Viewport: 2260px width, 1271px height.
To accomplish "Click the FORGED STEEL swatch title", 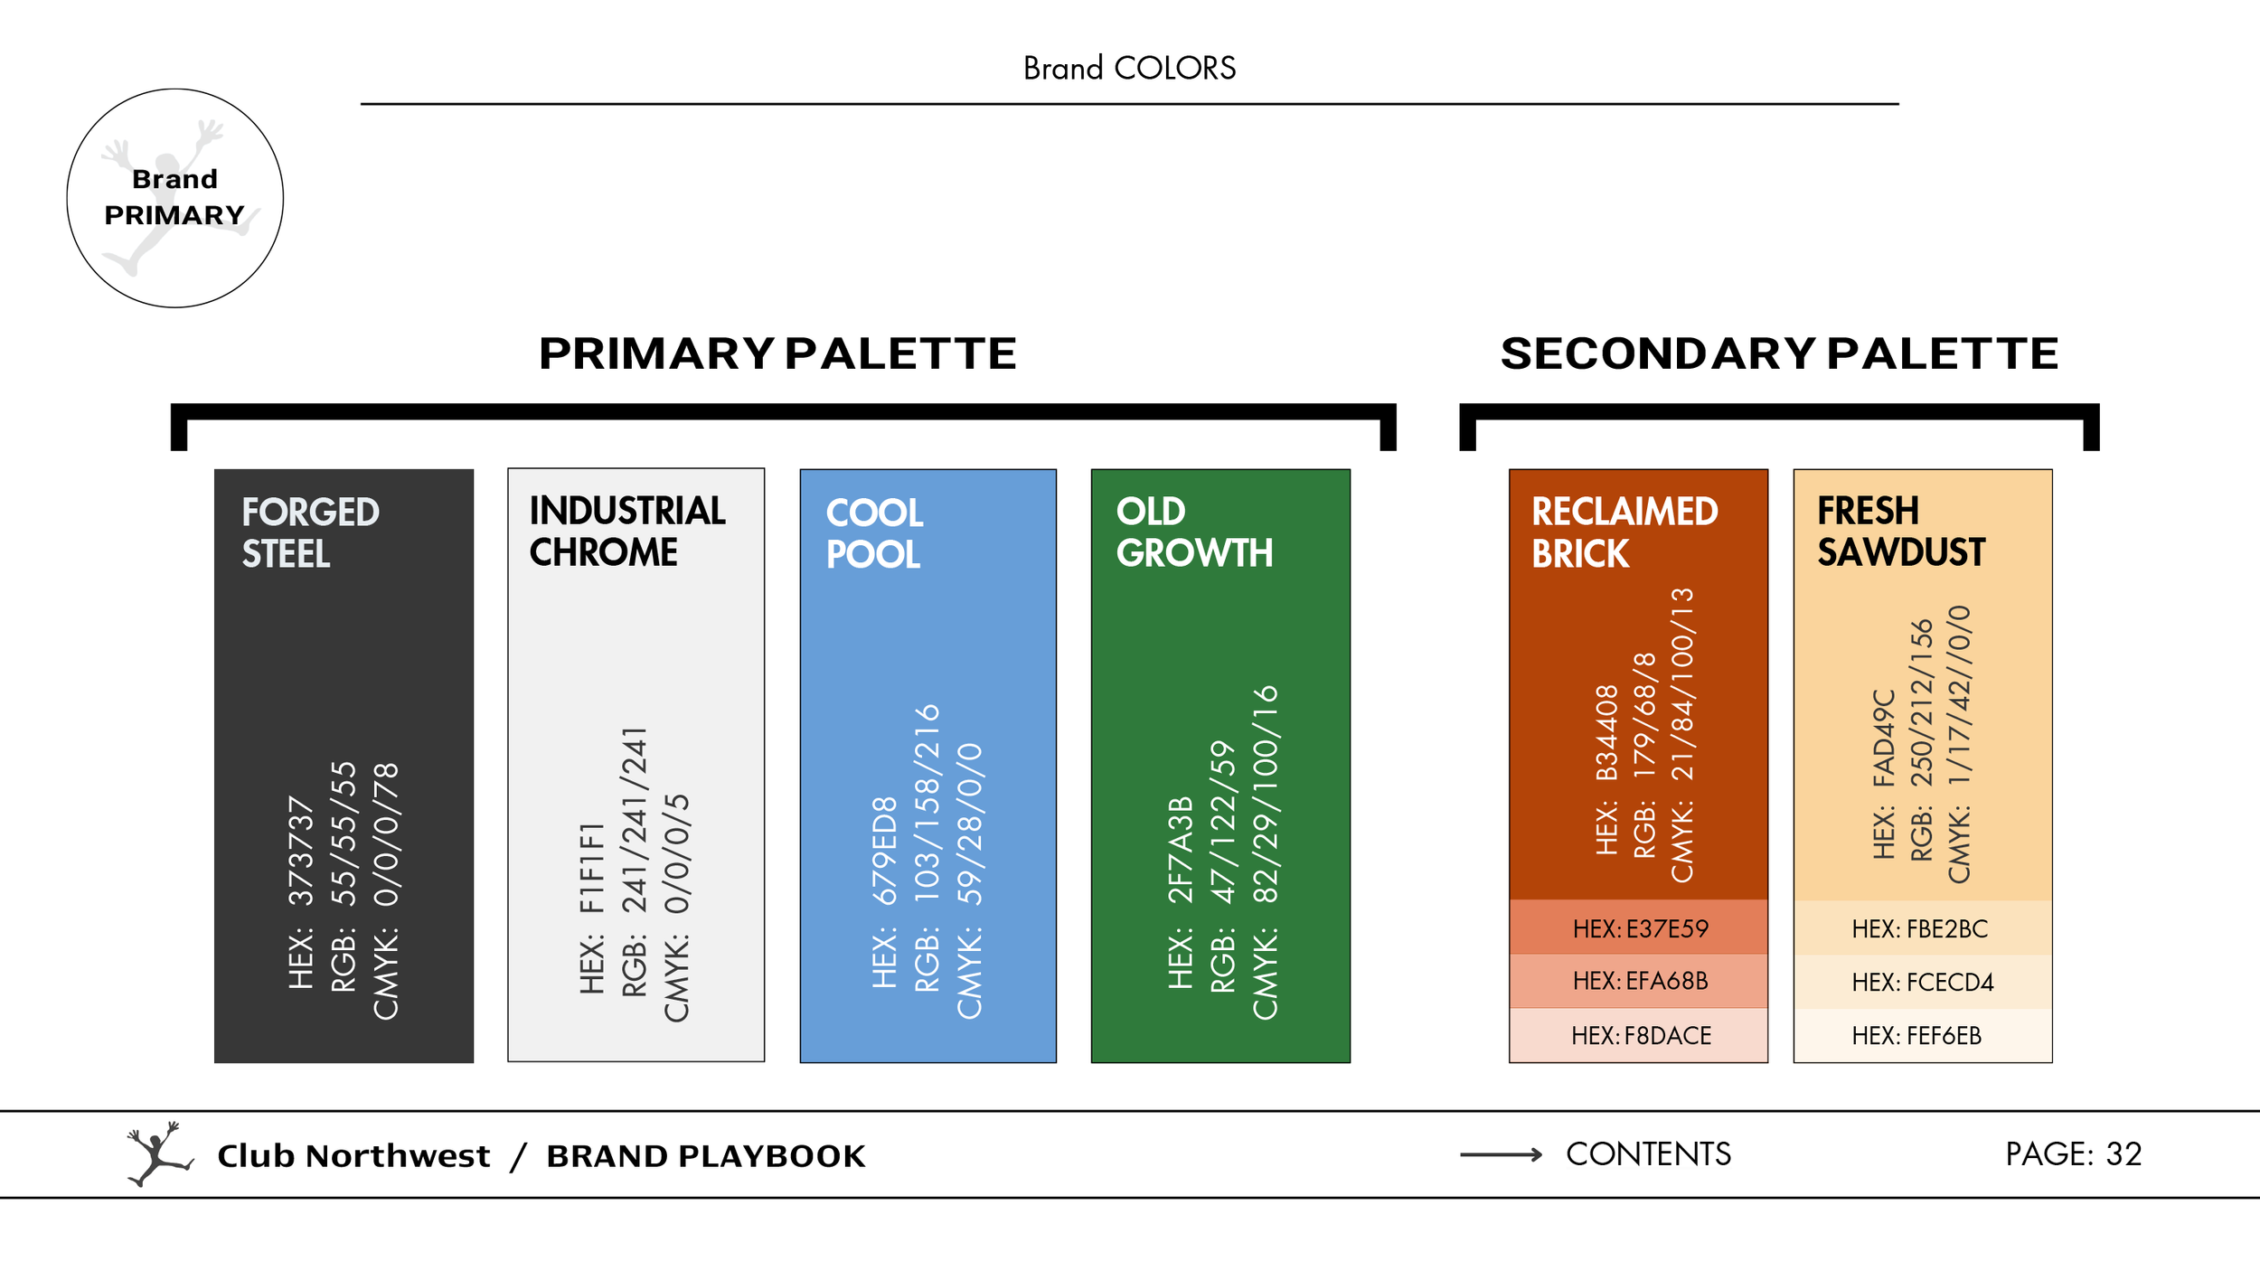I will point(310,532).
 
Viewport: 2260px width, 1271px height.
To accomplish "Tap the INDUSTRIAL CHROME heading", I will point(627,531).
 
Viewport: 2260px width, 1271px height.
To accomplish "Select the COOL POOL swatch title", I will point(874,532).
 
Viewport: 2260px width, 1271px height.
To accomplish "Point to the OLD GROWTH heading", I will point(1194,532).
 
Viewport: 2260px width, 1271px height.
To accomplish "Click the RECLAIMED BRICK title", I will point(1624,532).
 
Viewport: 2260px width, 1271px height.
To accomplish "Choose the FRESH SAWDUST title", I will point(1901,531).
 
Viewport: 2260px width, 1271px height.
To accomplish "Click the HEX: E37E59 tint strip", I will point(1638,928).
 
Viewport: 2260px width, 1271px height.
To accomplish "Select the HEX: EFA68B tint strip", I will point(1638,981).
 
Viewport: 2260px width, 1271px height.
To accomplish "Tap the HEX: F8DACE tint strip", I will point(1638,1035).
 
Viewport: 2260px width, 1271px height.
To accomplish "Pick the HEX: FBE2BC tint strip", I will point(1922,928).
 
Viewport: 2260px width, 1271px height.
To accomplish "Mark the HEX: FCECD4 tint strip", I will point(1922,982).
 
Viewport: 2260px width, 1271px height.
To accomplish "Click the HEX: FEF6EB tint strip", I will point(1922,1035).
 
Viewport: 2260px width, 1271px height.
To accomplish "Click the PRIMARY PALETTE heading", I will point(777,353).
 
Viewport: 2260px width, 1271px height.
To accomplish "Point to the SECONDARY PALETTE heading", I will point(1779,353).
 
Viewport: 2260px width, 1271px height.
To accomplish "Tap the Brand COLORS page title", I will point(1129,68).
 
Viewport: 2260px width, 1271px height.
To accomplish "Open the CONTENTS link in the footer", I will point(1648,1154).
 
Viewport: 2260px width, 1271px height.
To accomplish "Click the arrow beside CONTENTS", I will point(1501,1154).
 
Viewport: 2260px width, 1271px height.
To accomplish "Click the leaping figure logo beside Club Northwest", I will point(158,1154).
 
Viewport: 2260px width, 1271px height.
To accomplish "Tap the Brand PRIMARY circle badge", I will point(175,198).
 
